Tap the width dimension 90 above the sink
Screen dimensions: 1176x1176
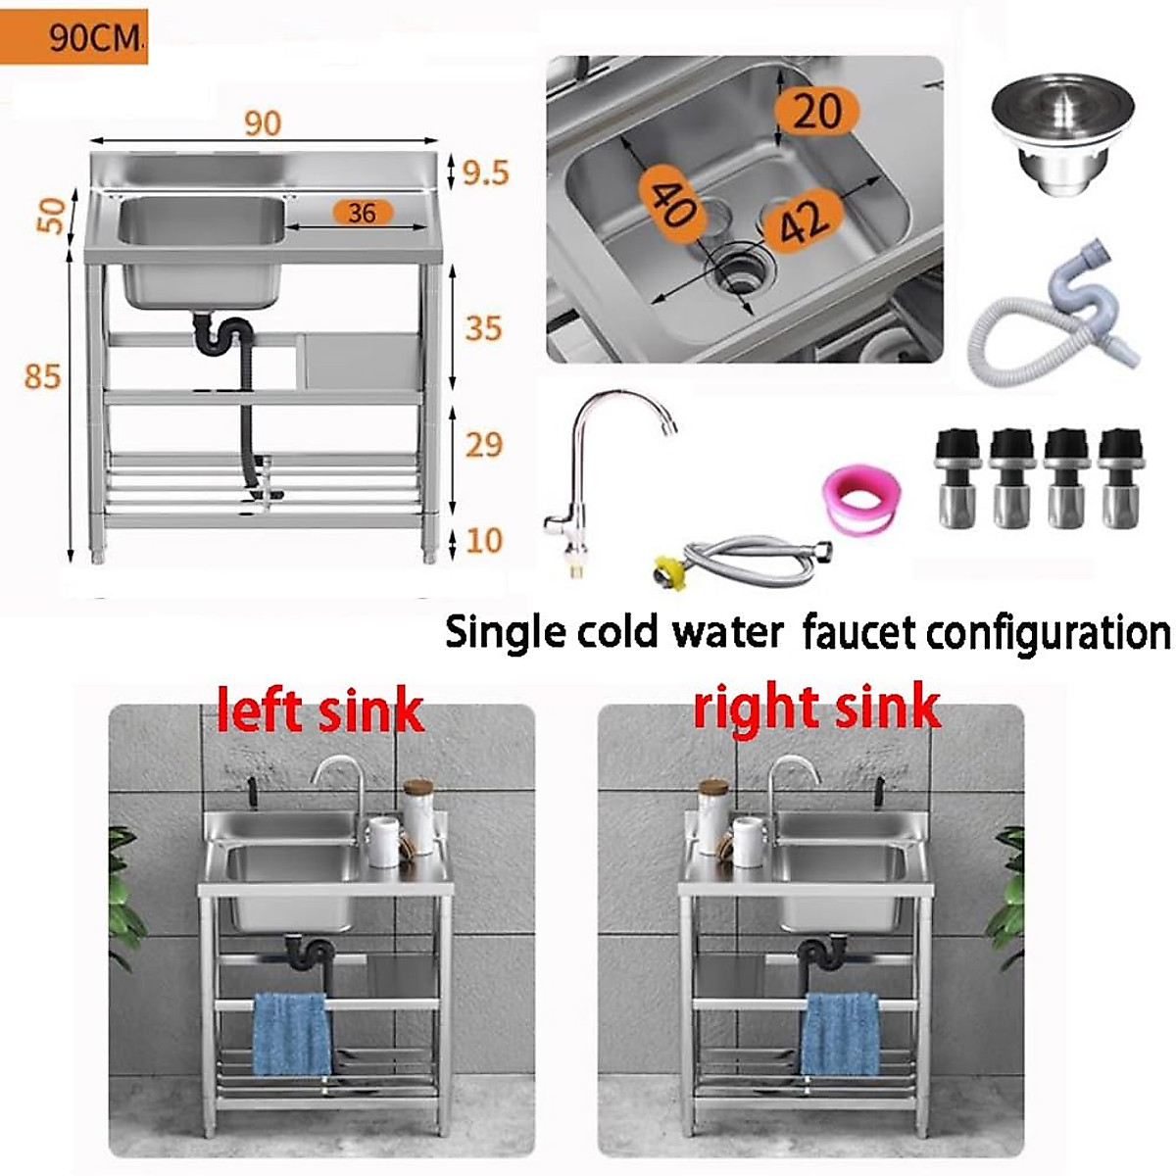point(263,123)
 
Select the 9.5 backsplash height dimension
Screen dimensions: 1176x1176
point(486,173)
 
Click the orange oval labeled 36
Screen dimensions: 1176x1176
point(363,212)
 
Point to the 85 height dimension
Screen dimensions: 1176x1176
point(42,376)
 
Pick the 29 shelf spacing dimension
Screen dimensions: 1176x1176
point(483,445)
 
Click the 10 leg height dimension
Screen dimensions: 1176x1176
point(484,540)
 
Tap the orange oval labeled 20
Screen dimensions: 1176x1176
point(816,112)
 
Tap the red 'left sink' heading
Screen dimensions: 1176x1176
point(319,711)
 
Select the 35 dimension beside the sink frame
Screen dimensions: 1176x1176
point(483,328)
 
